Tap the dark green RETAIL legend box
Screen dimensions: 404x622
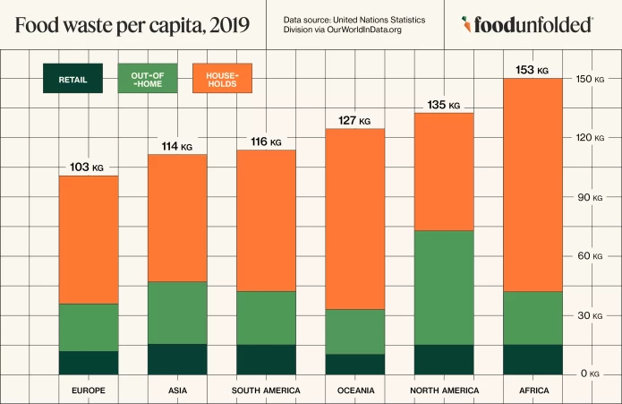pos(72,79)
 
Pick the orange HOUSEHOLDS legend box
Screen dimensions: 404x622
pos(222,79)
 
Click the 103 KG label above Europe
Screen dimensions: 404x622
pos(86,167)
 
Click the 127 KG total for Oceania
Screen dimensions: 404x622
pos(354,120)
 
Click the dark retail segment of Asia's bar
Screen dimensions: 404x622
pos(176,359)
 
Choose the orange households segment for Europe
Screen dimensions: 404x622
pos(88,239)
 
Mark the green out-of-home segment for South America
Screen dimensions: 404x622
pos(266,317)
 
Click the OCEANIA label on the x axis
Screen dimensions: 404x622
pos(354,391)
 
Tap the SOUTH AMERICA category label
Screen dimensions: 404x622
pos(266,391)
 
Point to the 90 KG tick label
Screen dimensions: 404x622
pos(588,197)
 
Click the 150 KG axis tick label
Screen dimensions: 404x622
pos(588,79)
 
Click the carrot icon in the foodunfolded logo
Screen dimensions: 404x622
pos(467,25)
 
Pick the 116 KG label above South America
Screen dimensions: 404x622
pos(265,142)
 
